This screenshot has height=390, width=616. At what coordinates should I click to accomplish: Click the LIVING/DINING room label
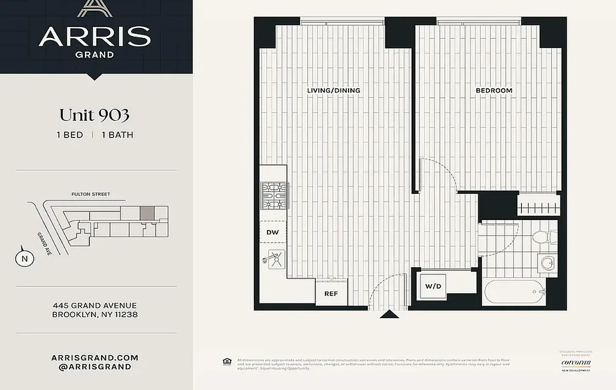[x=334, y=90]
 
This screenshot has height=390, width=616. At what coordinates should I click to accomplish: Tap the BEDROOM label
[x=494, y=90]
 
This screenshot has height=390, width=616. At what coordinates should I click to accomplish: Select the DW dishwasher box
[x=273, y=232]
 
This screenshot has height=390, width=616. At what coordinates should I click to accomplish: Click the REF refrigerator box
[x=331, y=293]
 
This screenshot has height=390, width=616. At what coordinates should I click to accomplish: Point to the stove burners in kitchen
[x=274, y=195]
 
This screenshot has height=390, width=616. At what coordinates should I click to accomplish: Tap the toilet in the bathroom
[x=541, y=237]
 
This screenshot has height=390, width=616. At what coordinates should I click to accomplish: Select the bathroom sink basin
[x=547, y=264]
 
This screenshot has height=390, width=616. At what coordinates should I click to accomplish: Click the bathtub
[x=514, y=292]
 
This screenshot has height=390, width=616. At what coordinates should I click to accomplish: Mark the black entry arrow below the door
[x=389, y=314]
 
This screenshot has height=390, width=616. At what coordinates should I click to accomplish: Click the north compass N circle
[x=24, y=259]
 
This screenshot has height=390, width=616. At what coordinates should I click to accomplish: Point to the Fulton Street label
[x=91, y=194]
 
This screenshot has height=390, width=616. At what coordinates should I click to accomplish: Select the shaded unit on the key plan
[x=147, y=213]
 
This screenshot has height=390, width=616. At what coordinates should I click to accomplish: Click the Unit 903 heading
[x=94, y=116]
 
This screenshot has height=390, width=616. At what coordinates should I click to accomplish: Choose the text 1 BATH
[x=117, y=135]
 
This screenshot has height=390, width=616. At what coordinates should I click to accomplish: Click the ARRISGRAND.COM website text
[x=95, y=357]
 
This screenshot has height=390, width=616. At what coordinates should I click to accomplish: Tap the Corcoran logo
[x=576, y=363]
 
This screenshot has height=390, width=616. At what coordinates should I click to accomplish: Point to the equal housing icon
[x=226, y=361]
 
